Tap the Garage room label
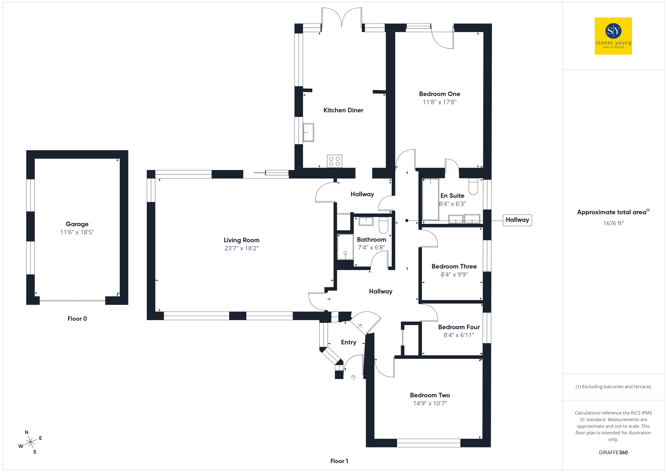(x=77, y=224)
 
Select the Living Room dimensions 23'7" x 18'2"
(x=241, y=248)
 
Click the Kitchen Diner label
(x=343, y=110)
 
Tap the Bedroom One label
(x=440, y=94)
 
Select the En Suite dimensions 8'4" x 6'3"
(x=452, y=204)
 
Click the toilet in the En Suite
(x=473, y=186)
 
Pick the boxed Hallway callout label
(x=517, y=220)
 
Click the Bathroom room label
(x=372, y=239)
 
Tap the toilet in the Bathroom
(x=383, y=225)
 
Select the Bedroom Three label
(x=454, y=266)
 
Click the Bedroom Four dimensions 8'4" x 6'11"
(x=459, y=335)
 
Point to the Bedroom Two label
(x=430, y=395)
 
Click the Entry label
(x=349, y=342)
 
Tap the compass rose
(x=30, y=442)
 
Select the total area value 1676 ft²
(x=613, y=223)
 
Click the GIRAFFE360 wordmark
(x=613, y=453)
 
